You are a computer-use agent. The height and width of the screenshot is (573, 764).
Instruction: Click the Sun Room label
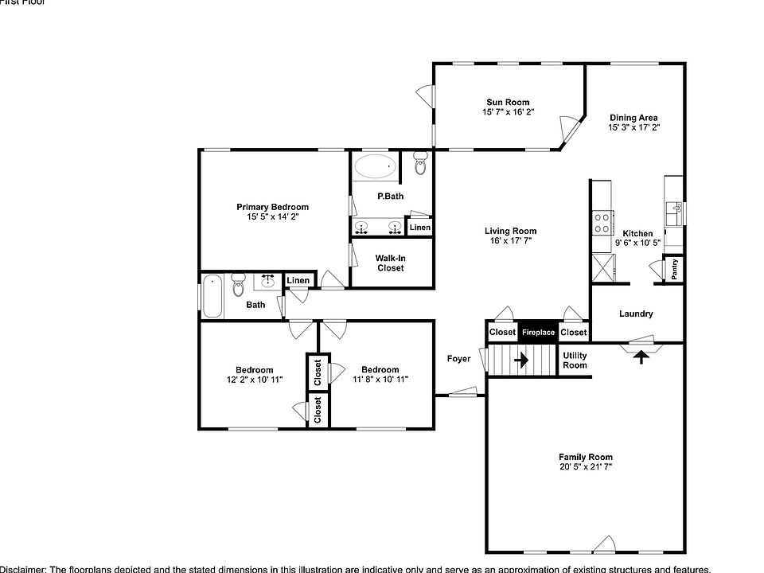[508, 102]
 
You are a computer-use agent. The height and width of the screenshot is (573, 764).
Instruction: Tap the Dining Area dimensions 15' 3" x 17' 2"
[633, 127]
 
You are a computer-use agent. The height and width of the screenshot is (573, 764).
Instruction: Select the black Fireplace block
[538, 332]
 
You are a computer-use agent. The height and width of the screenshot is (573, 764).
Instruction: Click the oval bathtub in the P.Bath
[375, 167]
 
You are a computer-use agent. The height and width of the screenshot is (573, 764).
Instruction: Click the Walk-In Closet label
[390, 263]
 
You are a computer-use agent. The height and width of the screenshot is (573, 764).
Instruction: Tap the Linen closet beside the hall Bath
[298, 280]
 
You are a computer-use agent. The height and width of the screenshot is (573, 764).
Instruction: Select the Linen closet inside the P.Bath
[420, 228]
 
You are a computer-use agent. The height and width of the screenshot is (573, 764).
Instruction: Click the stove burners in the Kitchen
[602, 221]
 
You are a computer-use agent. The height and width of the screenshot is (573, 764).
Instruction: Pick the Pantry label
[674, 270]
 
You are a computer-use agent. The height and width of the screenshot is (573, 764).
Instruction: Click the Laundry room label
[636, 314]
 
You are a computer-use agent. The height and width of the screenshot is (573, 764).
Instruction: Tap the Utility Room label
[575, 361]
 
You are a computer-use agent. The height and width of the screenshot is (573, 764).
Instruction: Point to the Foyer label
[458, 359]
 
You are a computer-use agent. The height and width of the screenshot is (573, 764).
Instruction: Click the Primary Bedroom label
[272, 207]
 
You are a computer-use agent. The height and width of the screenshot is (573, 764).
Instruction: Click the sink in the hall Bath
[267, 280]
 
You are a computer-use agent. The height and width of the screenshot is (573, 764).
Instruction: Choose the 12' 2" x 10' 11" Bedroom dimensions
[254, 380]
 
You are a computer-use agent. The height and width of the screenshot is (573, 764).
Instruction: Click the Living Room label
[511, 232]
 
